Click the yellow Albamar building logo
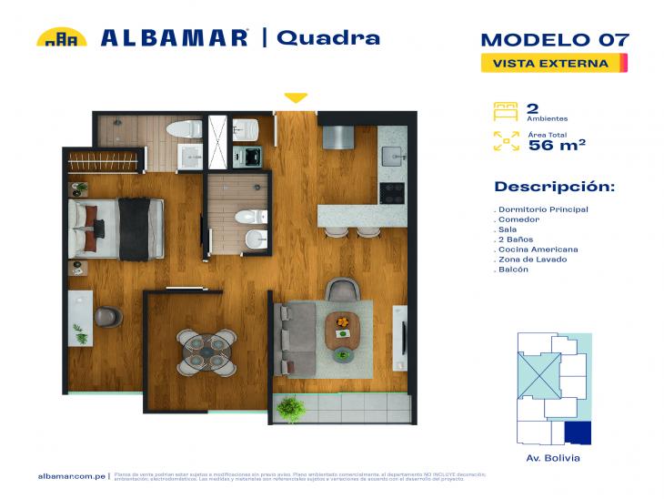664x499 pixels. point(61,37)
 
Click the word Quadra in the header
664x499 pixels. point(327,37)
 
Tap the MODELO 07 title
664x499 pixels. point(554,40)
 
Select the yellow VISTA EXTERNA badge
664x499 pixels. point(551,63)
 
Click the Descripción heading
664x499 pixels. point(554,187)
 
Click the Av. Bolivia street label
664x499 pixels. point(553,458)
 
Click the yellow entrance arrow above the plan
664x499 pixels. point(296,97)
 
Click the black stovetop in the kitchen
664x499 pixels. point(392,192)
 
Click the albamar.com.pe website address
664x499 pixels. point(72,476)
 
